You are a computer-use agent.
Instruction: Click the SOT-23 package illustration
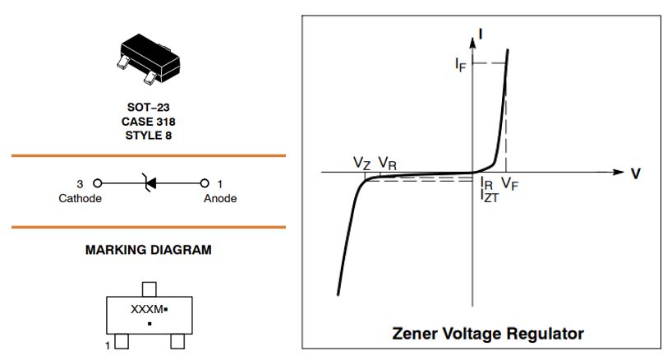click(148, 55)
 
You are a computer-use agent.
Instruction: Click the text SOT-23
click(148, 108)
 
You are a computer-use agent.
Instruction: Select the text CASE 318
click(148, 122)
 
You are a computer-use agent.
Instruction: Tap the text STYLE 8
click(148, 135)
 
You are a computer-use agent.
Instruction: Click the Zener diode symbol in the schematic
click(148, 182)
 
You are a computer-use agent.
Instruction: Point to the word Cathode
click(81, 198)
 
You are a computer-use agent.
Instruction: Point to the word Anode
click(220, 198)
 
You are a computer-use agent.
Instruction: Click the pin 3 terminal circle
click(97, 182)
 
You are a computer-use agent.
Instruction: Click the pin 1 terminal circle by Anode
click(205, 182)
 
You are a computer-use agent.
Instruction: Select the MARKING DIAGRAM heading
click(148, 250)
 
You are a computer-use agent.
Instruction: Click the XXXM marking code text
click(147, 310)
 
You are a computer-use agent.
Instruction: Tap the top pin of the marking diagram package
click(149, 288)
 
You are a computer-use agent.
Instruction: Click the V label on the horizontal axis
click(635, 173)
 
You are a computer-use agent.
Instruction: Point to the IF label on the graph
click(460, 65)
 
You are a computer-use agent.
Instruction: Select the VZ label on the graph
click(362, 164)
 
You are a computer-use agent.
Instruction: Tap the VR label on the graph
click(388, 164)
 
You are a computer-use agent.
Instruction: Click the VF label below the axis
click(509, 183)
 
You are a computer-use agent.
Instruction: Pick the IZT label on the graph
click(490, 196)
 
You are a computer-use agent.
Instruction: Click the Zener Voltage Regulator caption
click(488, 334)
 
